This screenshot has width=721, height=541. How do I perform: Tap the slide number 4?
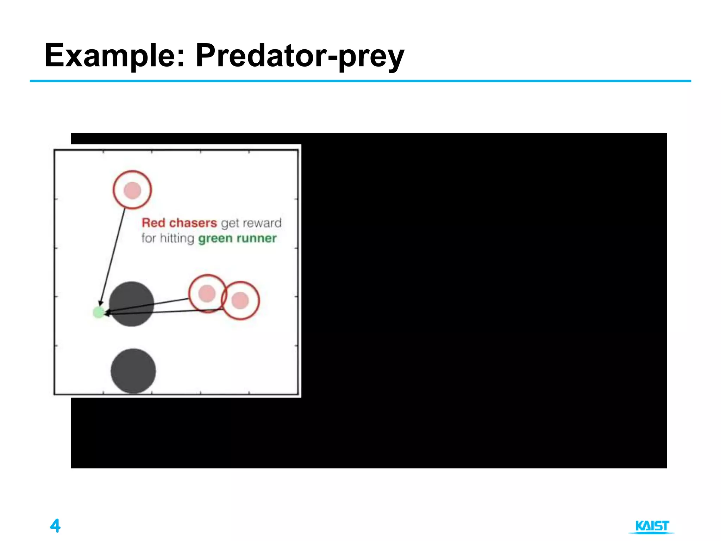pos(55,526)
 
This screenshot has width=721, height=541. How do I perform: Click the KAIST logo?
pos(652,527)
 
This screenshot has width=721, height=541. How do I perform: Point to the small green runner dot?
pos(99,312)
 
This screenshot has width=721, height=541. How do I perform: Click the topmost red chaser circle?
pos(132,190)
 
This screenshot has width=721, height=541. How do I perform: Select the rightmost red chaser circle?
pos(240,300)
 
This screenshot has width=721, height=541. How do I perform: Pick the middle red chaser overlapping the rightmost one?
pos(207,293)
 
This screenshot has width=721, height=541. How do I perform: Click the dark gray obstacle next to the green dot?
pos(132,304)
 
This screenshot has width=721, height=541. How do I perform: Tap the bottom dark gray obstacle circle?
pos(133,371)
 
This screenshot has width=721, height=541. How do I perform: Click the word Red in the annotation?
pos(153,223)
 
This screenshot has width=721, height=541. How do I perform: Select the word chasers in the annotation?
pos(193,223)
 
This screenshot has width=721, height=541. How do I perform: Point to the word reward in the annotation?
pos(262,223)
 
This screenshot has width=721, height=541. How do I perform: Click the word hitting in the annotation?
pos(177,238)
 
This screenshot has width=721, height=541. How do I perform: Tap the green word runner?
pos(257,238)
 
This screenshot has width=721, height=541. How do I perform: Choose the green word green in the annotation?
pos(215,239)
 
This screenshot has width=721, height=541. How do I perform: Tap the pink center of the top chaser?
pos(132,191)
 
